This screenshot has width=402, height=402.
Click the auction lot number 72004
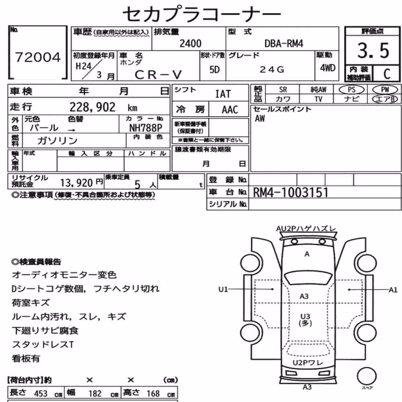(x=38, y=57)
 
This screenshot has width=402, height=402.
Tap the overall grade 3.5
(x=373, y=50)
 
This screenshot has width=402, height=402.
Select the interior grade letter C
(x=387, y=74)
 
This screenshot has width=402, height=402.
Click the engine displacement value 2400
(x=190, y=43)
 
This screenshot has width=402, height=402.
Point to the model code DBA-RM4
(x=283, y=43)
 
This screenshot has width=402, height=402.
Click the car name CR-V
(x=158, y=75)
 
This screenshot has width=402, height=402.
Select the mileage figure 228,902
(x=92, y=107)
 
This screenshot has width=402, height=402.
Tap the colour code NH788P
(x=146, y=128)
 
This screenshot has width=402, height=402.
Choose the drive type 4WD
(x=328, y=68)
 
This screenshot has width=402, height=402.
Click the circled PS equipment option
(x=351, y=90)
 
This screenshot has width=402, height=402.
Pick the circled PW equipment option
(x=385, y=90)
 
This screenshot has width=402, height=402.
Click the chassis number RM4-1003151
(x=291, y=192)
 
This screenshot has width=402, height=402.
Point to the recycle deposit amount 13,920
(x=76, y=183)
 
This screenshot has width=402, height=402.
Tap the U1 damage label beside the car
(x=223, y=289)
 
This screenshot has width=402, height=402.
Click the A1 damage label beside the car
(x=393, y=290)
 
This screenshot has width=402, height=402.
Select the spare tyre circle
(x=367, y=376)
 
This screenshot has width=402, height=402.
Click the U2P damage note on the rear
(x=308, y=363)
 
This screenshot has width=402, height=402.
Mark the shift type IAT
(x=223, y=94)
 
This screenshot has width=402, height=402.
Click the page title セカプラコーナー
(x=202, y=14)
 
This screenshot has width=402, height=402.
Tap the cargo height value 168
(x=153, y=393)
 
